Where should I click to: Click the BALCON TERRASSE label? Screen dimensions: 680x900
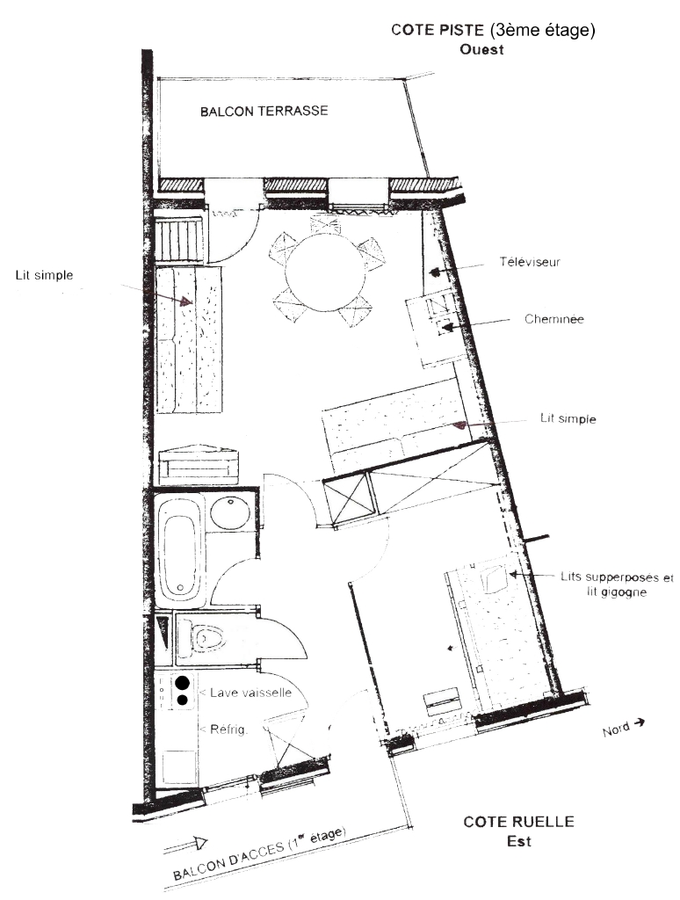264,111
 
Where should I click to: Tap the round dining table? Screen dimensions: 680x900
325,272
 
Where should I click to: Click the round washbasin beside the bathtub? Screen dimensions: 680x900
230,512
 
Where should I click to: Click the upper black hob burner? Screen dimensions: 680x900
183,682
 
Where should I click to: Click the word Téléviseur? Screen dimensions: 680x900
529,262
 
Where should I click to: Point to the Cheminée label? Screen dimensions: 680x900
553,319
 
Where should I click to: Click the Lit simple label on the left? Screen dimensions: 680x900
44,275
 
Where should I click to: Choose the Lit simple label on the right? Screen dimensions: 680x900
568,418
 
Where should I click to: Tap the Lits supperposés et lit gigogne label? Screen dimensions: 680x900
617,584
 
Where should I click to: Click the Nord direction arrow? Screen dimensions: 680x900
637,723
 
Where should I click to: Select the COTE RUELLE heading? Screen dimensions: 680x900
518,822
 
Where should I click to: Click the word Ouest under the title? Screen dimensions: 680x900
481,49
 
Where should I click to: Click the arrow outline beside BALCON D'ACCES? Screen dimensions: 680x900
185,845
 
